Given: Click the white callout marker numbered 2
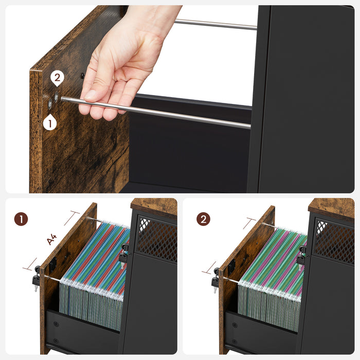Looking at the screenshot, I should pyautogui.click(x=57, y=79).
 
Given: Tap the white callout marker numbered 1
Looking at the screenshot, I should pyautogui.click(x=49, y=122).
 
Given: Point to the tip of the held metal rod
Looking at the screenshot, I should pyautogui.click(x=63, y=99).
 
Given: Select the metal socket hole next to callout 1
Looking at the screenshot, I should pyautogui.click(x=50, y=104).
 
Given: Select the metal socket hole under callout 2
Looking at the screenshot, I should pyautogui.click(x=57, y=96).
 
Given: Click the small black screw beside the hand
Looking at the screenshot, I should pyautogui.click(x=82, y=76).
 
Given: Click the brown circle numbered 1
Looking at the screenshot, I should pyautogui.click(x=21, y=219).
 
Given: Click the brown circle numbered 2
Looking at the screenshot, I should pyautogui.click(x=203, y=219).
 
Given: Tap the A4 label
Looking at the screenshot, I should pyautogui.click(x=52, y=239).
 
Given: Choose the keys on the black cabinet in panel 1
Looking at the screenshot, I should pyautogui.click(x=123, y=255).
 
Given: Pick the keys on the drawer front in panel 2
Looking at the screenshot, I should pyautogui.click(x=215, y=278).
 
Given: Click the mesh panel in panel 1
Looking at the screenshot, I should pyautogui.click(x=156, y=238).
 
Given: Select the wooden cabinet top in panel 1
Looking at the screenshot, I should pyautogui.click(x=154, y=205).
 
